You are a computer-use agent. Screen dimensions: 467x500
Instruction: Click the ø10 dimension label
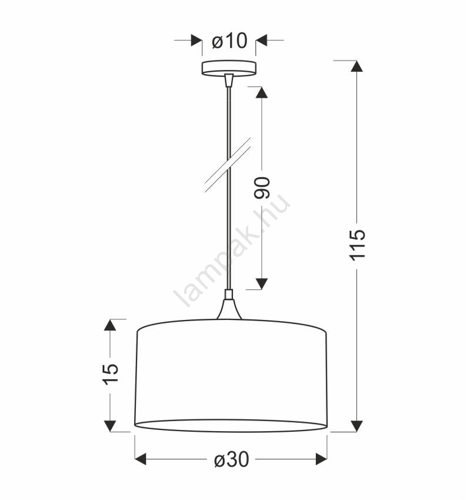pos(229,41)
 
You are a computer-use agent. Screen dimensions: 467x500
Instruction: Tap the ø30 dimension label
pos(231,459)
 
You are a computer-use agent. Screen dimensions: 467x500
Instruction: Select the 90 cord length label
pos(262,188)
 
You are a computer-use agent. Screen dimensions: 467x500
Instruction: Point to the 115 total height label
pos(358,245)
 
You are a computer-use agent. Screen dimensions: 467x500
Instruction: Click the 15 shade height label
pos(111,374)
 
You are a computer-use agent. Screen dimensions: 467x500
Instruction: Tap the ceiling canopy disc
pos(229,68)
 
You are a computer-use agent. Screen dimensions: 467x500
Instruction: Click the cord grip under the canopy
pos(229,81)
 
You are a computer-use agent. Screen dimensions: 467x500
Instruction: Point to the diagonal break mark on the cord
pos(228,165)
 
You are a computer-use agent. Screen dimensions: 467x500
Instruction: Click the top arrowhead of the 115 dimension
pos(356,66)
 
